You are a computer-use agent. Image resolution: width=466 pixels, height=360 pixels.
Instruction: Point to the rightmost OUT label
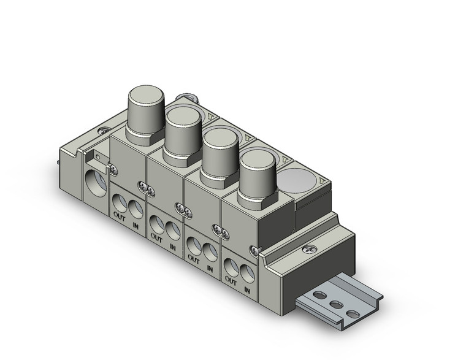(231, 280)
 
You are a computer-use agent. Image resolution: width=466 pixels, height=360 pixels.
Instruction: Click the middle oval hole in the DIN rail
(336, 305)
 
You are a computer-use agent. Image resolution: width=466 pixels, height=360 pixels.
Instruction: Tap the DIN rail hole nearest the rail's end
(351, 313)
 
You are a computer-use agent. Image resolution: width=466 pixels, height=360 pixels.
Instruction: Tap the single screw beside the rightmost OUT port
(254, 249)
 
